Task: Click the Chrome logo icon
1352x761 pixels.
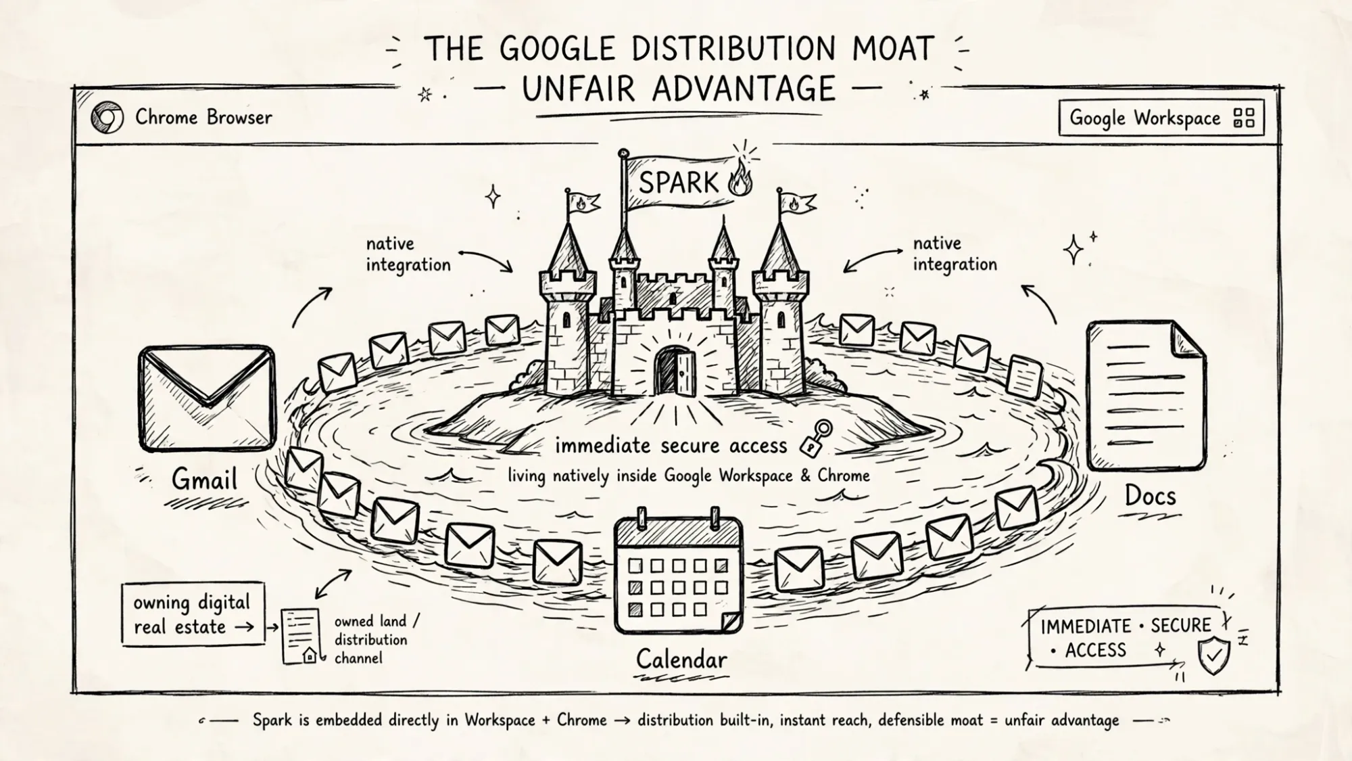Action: tap(107, 118)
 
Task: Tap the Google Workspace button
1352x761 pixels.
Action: tap(1161, 118)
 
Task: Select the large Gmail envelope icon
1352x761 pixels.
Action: tap(207, 398)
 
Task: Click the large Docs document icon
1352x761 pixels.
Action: tap(1146, 396)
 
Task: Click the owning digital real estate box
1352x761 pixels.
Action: tap(193, 614)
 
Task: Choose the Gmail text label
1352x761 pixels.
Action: tap(204, 480)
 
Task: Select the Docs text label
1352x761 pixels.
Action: tap(1150, 496)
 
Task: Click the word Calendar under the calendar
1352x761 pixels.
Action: tap(681, 659)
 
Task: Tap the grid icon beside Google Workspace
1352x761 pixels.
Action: tap(1244, 118)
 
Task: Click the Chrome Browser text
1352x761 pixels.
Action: tap(203, 117)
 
